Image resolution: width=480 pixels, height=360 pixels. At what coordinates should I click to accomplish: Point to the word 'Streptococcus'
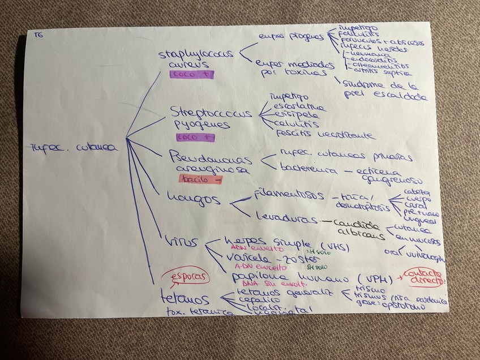click(x=211, y=113)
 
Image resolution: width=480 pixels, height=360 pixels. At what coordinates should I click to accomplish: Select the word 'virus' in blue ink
click(x=181, y=242)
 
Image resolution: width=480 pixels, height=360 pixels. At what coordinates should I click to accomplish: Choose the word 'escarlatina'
click(x=299, y=106)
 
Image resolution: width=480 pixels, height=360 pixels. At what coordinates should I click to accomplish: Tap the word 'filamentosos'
click(x=289, y=195)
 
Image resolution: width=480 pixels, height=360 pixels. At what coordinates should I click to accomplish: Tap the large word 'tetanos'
click(x=185, y=298)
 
